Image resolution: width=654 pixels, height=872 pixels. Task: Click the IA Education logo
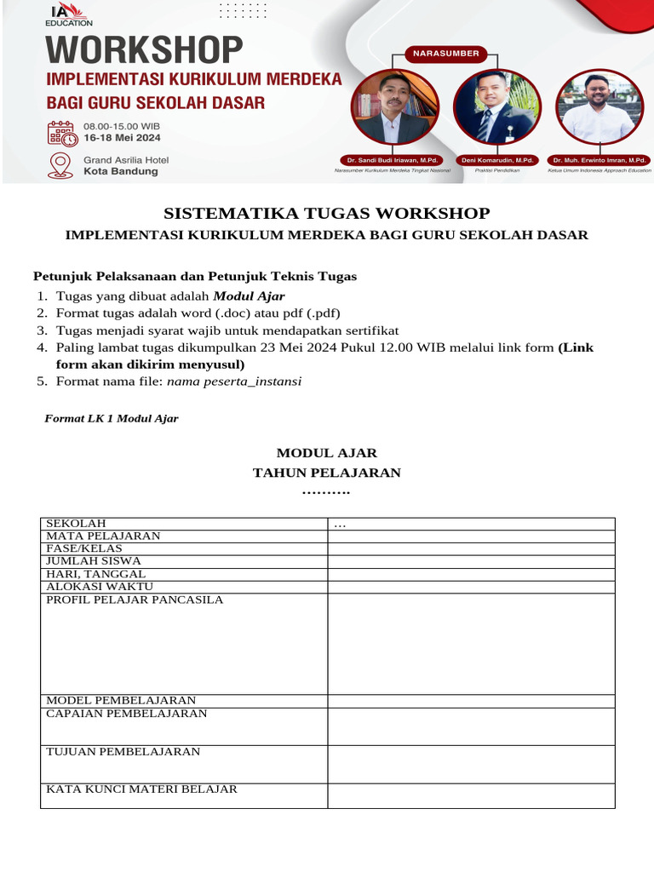coord(69,14)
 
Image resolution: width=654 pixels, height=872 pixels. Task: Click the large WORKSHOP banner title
coord(144,51)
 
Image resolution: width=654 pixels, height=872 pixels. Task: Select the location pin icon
coord(60,164)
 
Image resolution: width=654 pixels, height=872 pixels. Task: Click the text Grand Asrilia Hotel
coord(125,159)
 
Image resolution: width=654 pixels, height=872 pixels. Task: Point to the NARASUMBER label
coord(445,54)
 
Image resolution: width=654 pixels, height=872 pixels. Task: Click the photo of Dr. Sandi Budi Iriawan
coord(395,106)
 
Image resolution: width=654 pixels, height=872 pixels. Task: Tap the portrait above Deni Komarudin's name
coord(496,106)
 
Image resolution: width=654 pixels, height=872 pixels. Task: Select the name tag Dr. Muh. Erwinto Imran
coord(599,160)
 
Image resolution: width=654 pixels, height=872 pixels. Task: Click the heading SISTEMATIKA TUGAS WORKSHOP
coord(326,213)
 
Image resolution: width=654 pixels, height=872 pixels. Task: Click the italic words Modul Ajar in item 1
coord(249,296)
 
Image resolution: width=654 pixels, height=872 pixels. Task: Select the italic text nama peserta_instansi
coord(234,381)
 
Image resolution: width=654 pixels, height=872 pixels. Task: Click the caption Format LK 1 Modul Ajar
coord(111,418)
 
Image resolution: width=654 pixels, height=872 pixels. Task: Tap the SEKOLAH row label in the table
coord(76,523)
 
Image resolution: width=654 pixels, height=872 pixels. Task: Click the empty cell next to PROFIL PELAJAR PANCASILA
coord(471,643)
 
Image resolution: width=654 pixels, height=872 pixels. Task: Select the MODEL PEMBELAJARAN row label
coord(121,700)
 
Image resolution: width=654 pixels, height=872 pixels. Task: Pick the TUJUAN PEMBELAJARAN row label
coord(123,752)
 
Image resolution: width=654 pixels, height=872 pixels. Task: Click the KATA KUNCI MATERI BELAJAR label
coord(141,789)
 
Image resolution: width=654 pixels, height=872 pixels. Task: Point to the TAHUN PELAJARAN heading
coord(326,473)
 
